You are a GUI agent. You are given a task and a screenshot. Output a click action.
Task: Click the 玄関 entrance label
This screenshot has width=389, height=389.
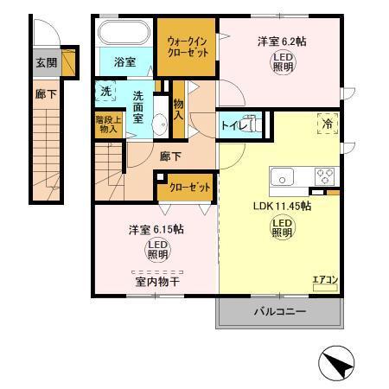click(45, 62)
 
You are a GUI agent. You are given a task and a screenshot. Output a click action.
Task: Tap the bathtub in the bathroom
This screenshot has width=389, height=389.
click(124, 35)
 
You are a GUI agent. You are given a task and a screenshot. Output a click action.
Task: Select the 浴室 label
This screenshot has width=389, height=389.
click(124, 61)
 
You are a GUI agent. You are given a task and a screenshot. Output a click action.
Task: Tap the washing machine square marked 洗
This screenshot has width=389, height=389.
click(105, 91)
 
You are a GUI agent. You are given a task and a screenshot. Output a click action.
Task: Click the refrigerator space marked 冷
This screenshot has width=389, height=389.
click(328, 124)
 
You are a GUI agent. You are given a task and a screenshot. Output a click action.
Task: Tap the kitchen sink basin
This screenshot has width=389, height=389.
click(284, 176)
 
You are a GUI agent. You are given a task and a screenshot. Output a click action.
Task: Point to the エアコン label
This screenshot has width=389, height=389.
click(324, 279)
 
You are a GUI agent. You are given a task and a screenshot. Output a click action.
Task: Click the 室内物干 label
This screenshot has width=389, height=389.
click(153, 280)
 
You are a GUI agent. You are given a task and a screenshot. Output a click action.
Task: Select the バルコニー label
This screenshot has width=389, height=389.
click(279, 312)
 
